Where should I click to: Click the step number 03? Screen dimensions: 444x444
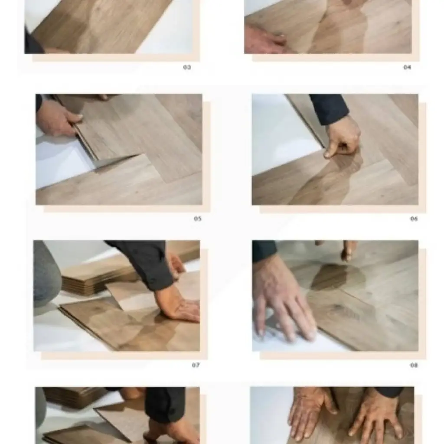tap(187, 67)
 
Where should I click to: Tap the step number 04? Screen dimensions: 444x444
tap(407, 67)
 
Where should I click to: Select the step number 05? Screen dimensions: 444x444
tap(197, 219)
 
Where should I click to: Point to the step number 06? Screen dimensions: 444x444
tap(414, 219)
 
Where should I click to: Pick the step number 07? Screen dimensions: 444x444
tap(196, 365)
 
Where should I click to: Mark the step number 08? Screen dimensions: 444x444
tap(414, 365)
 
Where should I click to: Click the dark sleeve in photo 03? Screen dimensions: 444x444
tap(33, 43)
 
